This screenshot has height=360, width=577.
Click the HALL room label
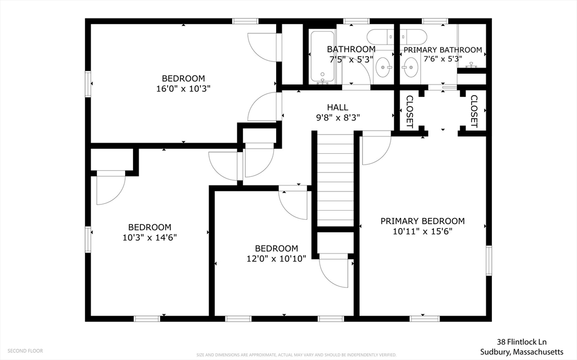(x=338, y=108)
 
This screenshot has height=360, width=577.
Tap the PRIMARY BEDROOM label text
(x=423, y=221)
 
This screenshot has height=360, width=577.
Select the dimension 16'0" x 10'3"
(x=183, y=88)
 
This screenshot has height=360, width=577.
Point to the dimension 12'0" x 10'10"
(x=276, y=259)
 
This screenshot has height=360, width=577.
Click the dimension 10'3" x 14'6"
(x=150, y=237)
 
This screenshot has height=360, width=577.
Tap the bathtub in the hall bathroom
(x=322, y=57)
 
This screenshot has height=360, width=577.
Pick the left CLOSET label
(x=410, y=112)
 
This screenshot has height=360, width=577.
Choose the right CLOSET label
(x=474, y=112)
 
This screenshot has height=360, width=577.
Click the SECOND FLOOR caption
(x=25, y=351)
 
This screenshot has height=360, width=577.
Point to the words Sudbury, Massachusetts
(x=522, y=352)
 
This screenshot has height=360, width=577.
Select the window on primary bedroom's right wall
(x=489, y=261)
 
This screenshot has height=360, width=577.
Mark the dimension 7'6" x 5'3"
(x=443, y=59)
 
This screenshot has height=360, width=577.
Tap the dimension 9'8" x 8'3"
(x=338, y=118)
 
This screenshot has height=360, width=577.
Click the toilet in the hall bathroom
(x=380, y=37)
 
